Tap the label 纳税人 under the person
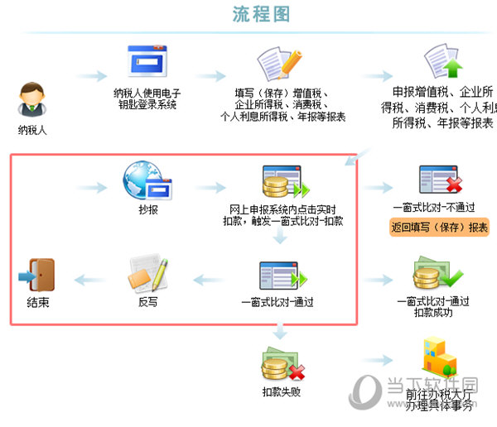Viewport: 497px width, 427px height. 32,130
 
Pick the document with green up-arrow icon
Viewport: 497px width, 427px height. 442,63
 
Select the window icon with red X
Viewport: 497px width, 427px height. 439,180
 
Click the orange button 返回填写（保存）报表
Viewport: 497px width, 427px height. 438,228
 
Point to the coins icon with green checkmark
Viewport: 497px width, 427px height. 439,275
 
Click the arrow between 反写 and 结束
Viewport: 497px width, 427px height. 90,280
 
